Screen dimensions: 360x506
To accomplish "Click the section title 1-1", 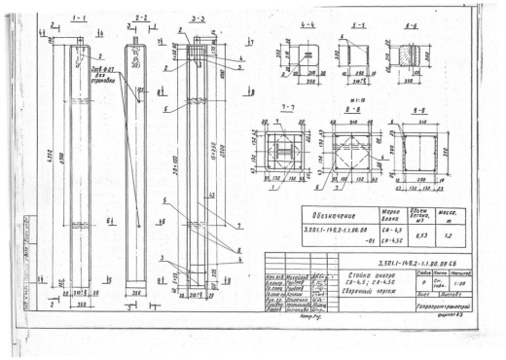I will [80, 18].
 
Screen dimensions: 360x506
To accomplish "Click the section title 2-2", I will [141, 18].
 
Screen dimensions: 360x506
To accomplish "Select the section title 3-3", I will [198, 18].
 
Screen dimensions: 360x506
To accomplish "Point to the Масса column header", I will [452, 215].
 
